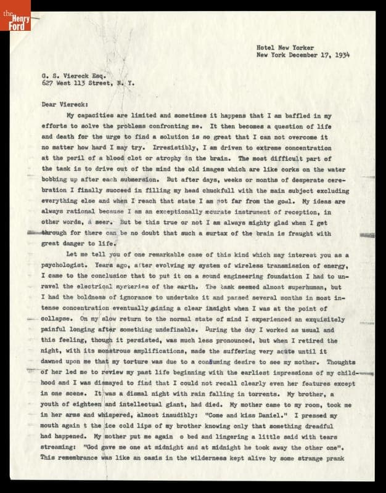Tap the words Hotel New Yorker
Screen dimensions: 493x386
(285, 47)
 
